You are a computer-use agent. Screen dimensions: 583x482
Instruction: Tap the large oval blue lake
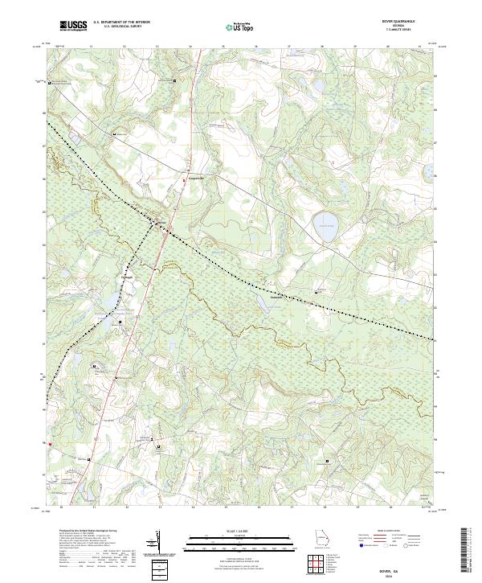coord(325,221)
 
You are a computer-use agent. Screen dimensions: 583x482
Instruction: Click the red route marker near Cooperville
coord(184,182)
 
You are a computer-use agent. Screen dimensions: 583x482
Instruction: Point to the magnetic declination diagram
coord(158,544)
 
